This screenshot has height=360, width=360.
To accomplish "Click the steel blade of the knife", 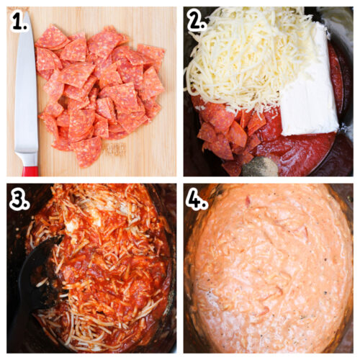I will pos(26,94).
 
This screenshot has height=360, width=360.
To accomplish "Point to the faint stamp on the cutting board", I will pos(115,148).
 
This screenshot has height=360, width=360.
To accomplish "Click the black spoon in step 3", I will pos(36,281).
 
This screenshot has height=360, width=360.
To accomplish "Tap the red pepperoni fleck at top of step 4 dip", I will pos(248,202).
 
